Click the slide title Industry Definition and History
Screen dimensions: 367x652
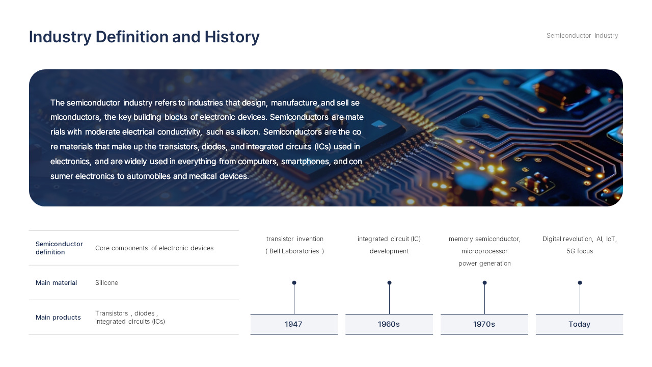coord(144,37)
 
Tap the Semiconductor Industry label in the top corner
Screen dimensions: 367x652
coord(582,36)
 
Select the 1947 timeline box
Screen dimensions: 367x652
coord(294,324)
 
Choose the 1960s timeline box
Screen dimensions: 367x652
coord(389,324)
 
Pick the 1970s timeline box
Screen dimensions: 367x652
coord(484,324)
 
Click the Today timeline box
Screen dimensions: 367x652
coord(579,324)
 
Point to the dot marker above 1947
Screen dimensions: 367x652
coord(294,282)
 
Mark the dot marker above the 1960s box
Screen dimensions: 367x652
coord(389,282)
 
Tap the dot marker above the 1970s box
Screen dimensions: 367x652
coord(484,282)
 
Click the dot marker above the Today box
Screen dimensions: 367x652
coord(580,282)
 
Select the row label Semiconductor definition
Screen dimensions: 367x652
coord(59,248)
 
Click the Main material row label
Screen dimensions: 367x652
coord(56,283)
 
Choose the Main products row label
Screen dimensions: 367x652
coord(58,318)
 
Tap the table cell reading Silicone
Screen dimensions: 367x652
coord(106,283)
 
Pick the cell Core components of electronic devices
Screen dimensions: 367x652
coord(154,248)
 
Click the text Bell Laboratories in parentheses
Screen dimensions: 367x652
coord(295,251)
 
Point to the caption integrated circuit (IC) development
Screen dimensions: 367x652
coord(389,245)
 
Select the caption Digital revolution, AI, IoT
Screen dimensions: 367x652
coord(579,239)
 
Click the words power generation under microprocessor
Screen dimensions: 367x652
coord(484,264)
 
